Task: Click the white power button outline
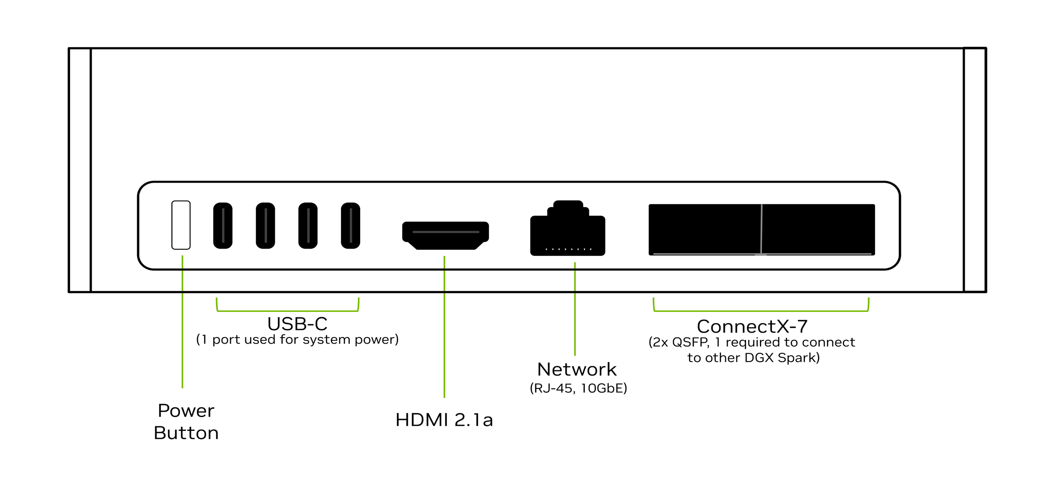tap(181, 225)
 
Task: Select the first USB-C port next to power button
tap(223, 226)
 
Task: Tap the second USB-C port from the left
tap(265, 226)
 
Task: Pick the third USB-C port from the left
tap(308, 226)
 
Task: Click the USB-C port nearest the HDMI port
tap(350, 226)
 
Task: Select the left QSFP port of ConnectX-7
tap(705, 229)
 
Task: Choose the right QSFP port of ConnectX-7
tap(818, 229)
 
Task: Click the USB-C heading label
tap(297, 324)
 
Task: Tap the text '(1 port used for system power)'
tap(297, 340)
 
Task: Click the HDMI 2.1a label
tap(444, 420)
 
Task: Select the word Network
tap(577, 370)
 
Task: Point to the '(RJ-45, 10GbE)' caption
tap(578, 388)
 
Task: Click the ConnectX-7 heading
tap(752, 327)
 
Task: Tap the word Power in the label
tap(186, 411)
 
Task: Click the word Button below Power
tap(186, 433)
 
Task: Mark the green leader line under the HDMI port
tap(444, 329)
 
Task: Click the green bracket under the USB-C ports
tap(288, 311)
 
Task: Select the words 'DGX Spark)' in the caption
tap(782, 358)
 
